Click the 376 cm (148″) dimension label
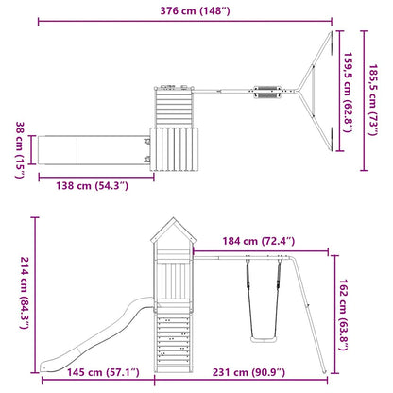click(195, 10)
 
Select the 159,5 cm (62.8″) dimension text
click(348, 93)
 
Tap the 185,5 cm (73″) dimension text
click(373, 100)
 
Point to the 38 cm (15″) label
click(20, 150)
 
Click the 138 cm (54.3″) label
click(93, 185)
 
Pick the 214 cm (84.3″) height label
click(25, 293)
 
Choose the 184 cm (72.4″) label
click(259, 241)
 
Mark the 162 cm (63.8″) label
click(343, 315)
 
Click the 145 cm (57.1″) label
click(103, 372)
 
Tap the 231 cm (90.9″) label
click(248, 372)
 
